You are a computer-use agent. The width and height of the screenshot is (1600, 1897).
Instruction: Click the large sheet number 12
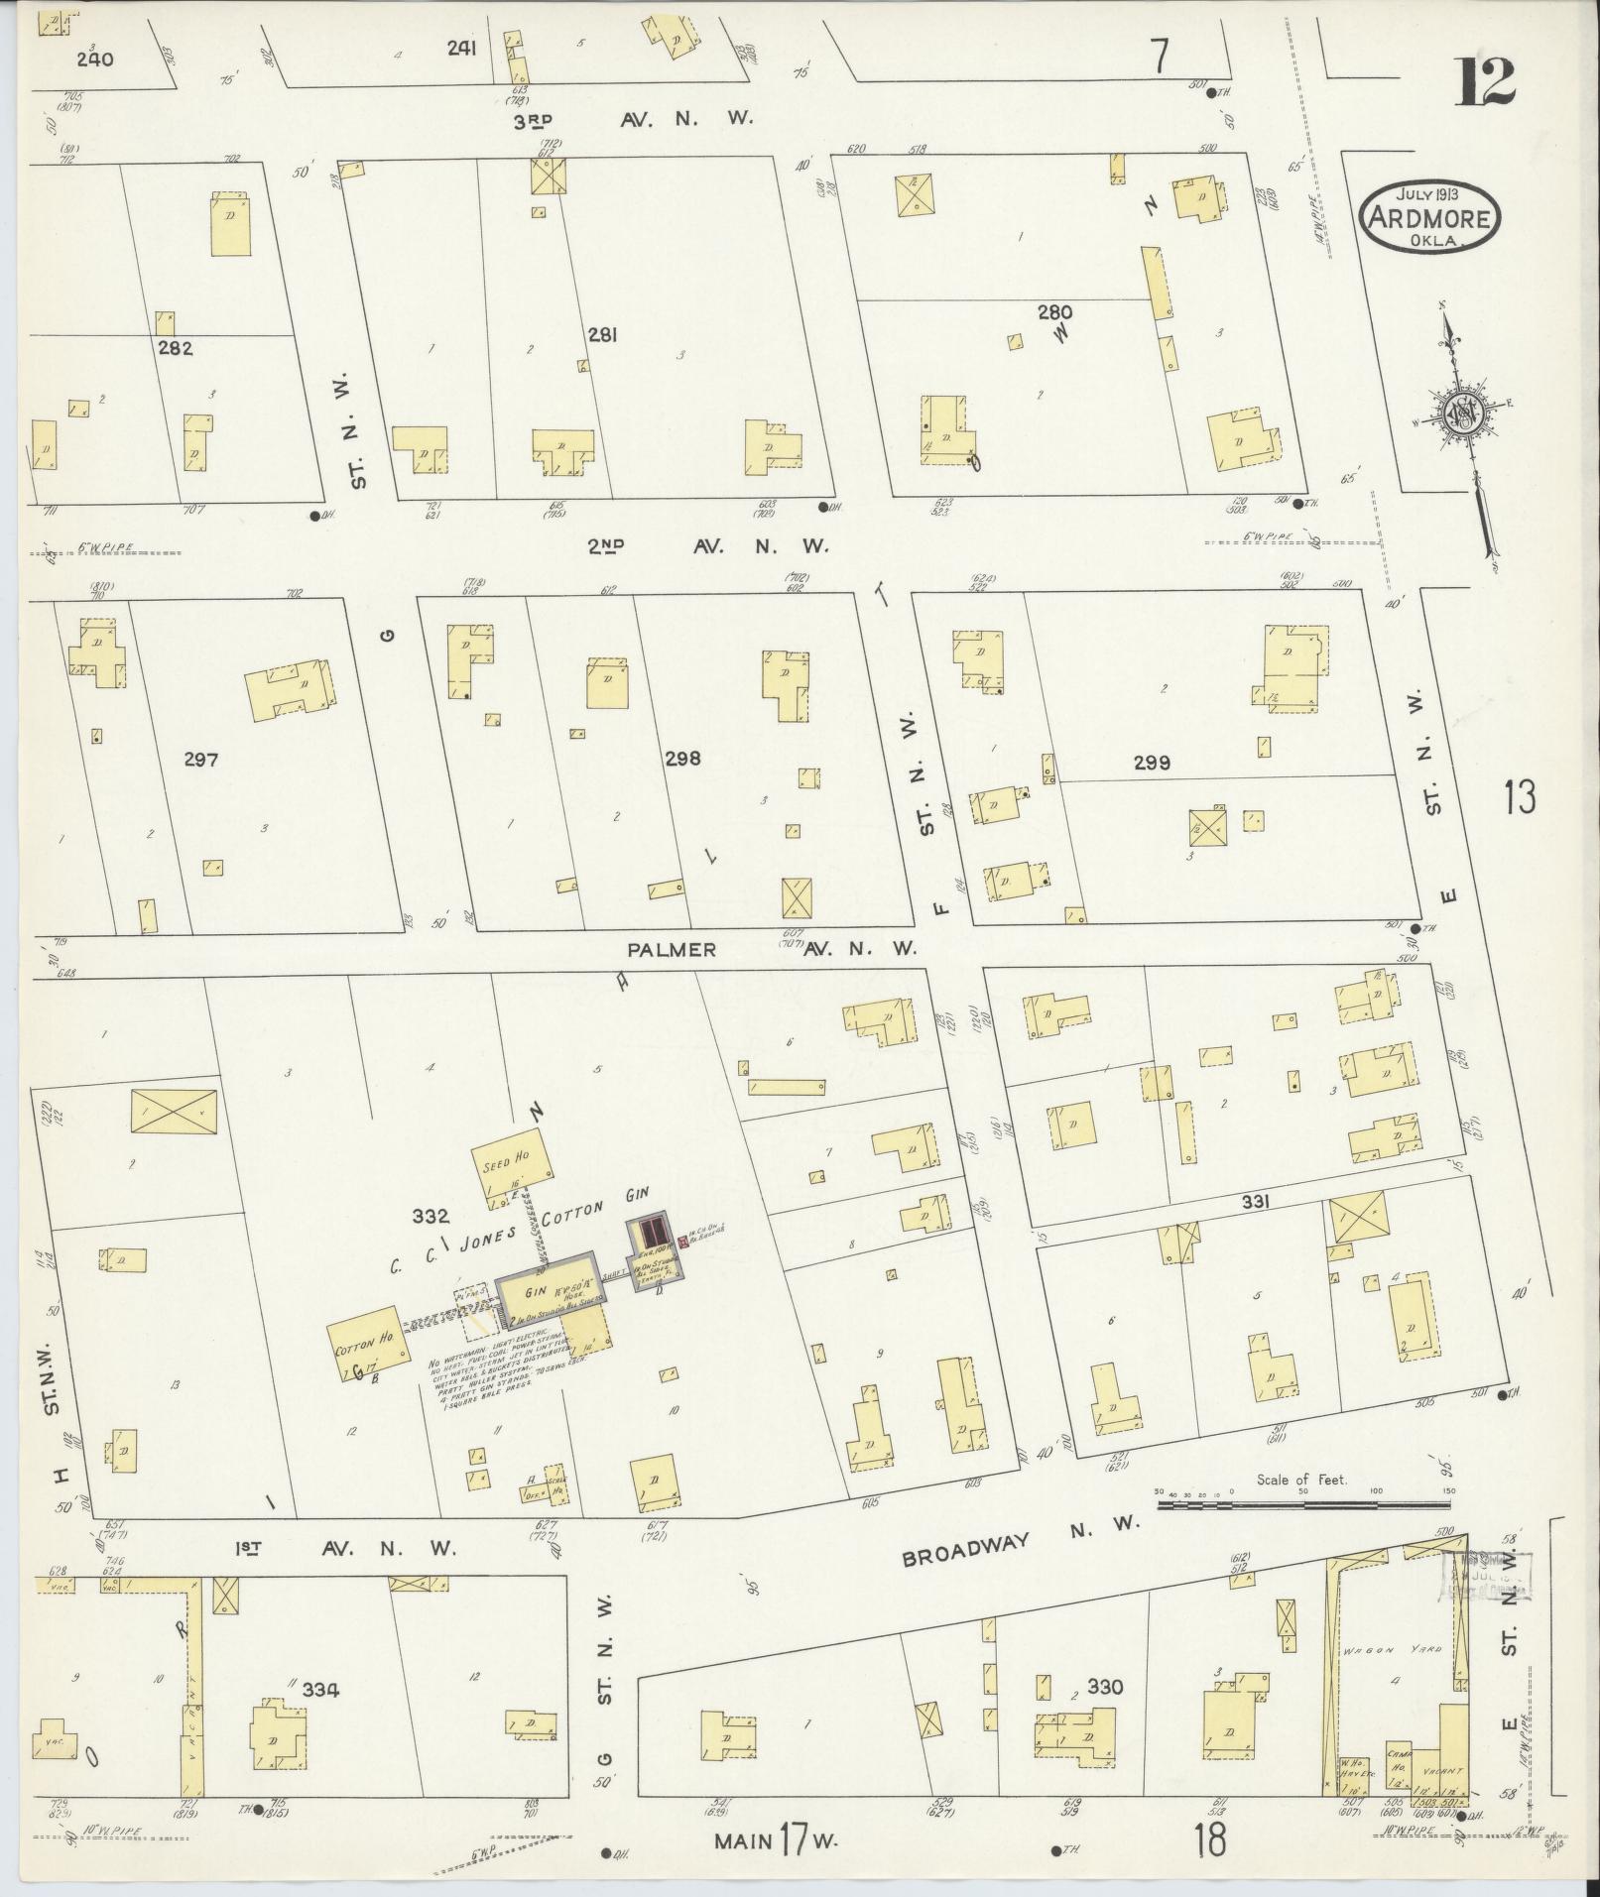(x=1485, y=81)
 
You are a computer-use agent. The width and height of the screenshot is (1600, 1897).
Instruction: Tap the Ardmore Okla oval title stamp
(x=1429, y=217)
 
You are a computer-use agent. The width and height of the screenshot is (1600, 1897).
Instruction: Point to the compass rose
(x=1464, y=416)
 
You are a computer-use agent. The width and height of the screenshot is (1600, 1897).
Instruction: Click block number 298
(x=682, y=759)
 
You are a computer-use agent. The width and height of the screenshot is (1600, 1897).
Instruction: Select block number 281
(x=601, y=335)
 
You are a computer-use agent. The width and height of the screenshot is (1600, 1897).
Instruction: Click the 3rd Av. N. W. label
(x=635, y=120)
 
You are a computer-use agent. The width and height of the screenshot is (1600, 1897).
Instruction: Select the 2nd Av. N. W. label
(x=705, y=545)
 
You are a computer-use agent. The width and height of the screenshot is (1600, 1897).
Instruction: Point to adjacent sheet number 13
(x=1519, y=796)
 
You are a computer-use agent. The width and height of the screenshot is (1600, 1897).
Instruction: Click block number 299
(x=1152, y=763)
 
